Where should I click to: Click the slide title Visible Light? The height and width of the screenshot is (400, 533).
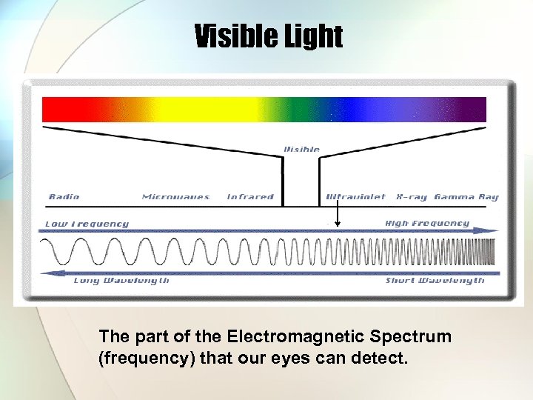pos(268,36)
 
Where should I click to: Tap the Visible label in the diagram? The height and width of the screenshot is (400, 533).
pos(302,150)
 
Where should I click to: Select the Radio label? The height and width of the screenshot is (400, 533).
pos(64,197)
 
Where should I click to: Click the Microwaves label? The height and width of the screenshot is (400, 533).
pos(175,197)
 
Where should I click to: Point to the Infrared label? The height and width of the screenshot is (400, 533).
pos(250,197)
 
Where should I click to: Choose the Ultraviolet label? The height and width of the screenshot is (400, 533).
pos(356,197)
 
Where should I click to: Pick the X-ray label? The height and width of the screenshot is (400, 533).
pos(411,197)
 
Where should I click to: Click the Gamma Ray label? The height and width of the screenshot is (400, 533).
pos(466,197)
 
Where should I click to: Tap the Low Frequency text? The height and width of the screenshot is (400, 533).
pos(87,224)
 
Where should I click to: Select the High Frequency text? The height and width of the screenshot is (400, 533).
pos(427,223)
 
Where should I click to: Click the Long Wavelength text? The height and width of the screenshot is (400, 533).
pos(121,281)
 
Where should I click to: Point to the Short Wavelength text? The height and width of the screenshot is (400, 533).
pos(435,281)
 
